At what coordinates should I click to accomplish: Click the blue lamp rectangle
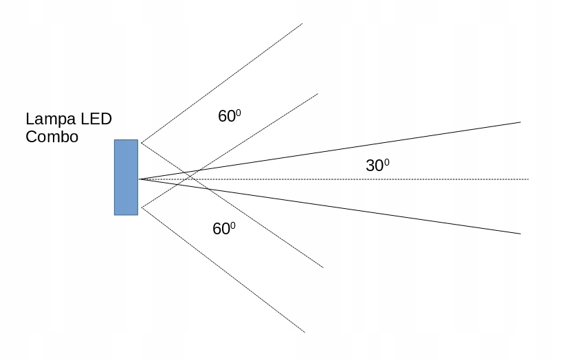click(126, 177)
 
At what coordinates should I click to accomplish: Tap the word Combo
click(52, 136)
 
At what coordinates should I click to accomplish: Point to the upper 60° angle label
click(229, 116)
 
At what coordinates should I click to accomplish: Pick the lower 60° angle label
click(224, 229)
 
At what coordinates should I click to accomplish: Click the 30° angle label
click(377, 166)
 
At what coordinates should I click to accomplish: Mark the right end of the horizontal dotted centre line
click(528, 179)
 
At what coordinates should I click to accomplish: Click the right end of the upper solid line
click(520, 122)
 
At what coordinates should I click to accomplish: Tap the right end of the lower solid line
click(520, 234)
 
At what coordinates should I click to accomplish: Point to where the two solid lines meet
click(140, 179)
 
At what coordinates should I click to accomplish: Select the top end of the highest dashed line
click(302, 24)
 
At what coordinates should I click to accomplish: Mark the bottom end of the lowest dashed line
click(304, 333)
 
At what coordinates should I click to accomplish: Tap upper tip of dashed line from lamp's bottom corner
click(318, 93)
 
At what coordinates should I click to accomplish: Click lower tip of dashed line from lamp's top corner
click(323, 267)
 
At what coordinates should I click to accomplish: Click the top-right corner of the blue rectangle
click(137, 140)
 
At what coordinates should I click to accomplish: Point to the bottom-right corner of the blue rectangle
click(137, 215)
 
